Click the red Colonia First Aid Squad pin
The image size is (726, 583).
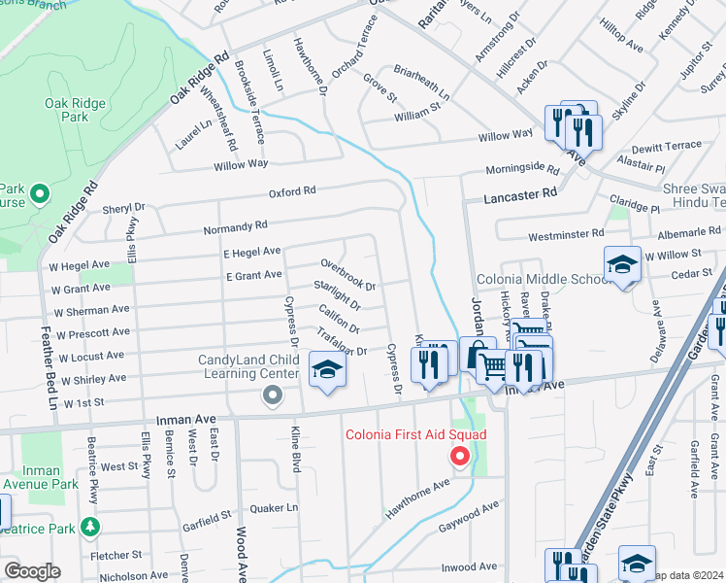[x=461, y=456]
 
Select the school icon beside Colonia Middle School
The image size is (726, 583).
[x=621, y=265]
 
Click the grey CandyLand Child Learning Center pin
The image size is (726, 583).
[x=273, y=395]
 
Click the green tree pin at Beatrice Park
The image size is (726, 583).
[x=90, y=528]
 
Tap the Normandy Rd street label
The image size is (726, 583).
[x=234, y=226]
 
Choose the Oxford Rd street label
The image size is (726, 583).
[x=293, y=191]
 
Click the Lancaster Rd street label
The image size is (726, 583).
[x=522, y=194]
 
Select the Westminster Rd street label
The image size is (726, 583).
[x=565, y=234]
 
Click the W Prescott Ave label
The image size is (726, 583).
[x=91, y=333]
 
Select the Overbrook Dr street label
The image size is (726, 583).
[x=347, y=275]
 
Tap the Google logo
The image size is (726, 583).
[x=32, y=571]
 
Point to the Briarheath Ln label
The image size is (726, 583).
[x=422, y=83]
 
